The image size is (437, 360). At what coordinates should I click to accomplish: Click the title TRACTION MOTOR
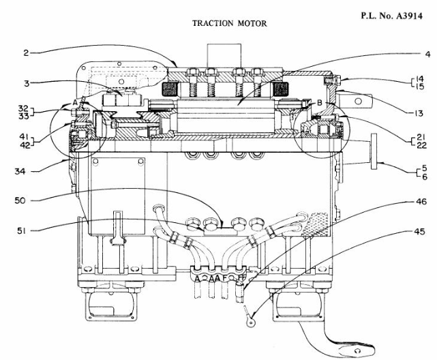tap(229, 23)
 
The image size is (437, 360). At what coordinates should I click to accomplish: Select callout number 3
tap(25, 83)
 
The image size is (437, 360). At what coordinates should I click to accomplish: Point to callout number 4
tap(427, 53)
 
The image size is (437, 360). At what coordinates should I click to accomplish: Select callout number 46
tap(421, 202)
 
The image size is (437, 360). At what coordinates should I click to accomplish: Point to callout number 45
tap(421, 232)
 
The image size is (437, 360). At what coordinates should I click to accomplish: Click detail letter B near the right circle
tap(320, 103)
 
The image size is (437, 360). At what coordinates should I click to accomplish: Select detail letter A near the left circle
tap(74, 102)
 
